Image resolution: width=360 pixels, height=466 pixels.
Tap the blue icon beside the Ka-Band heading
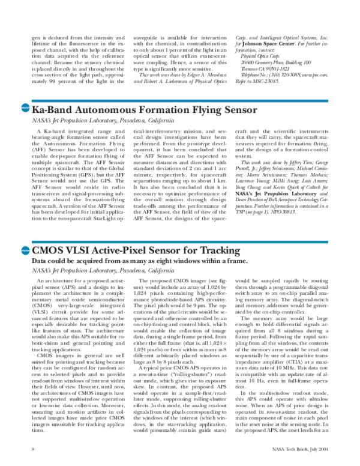25,109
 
